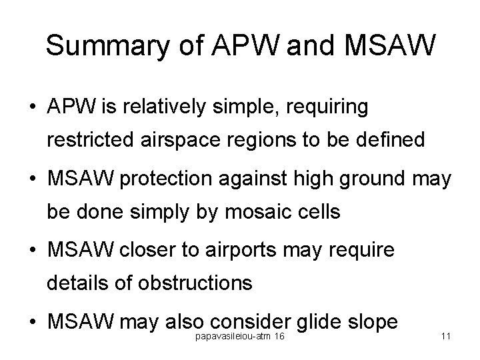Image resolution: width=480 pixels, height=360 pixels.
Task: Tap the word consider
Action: coord(247,323)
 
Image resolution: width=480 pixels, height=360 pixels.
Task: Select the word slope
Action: coord(374,323)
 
